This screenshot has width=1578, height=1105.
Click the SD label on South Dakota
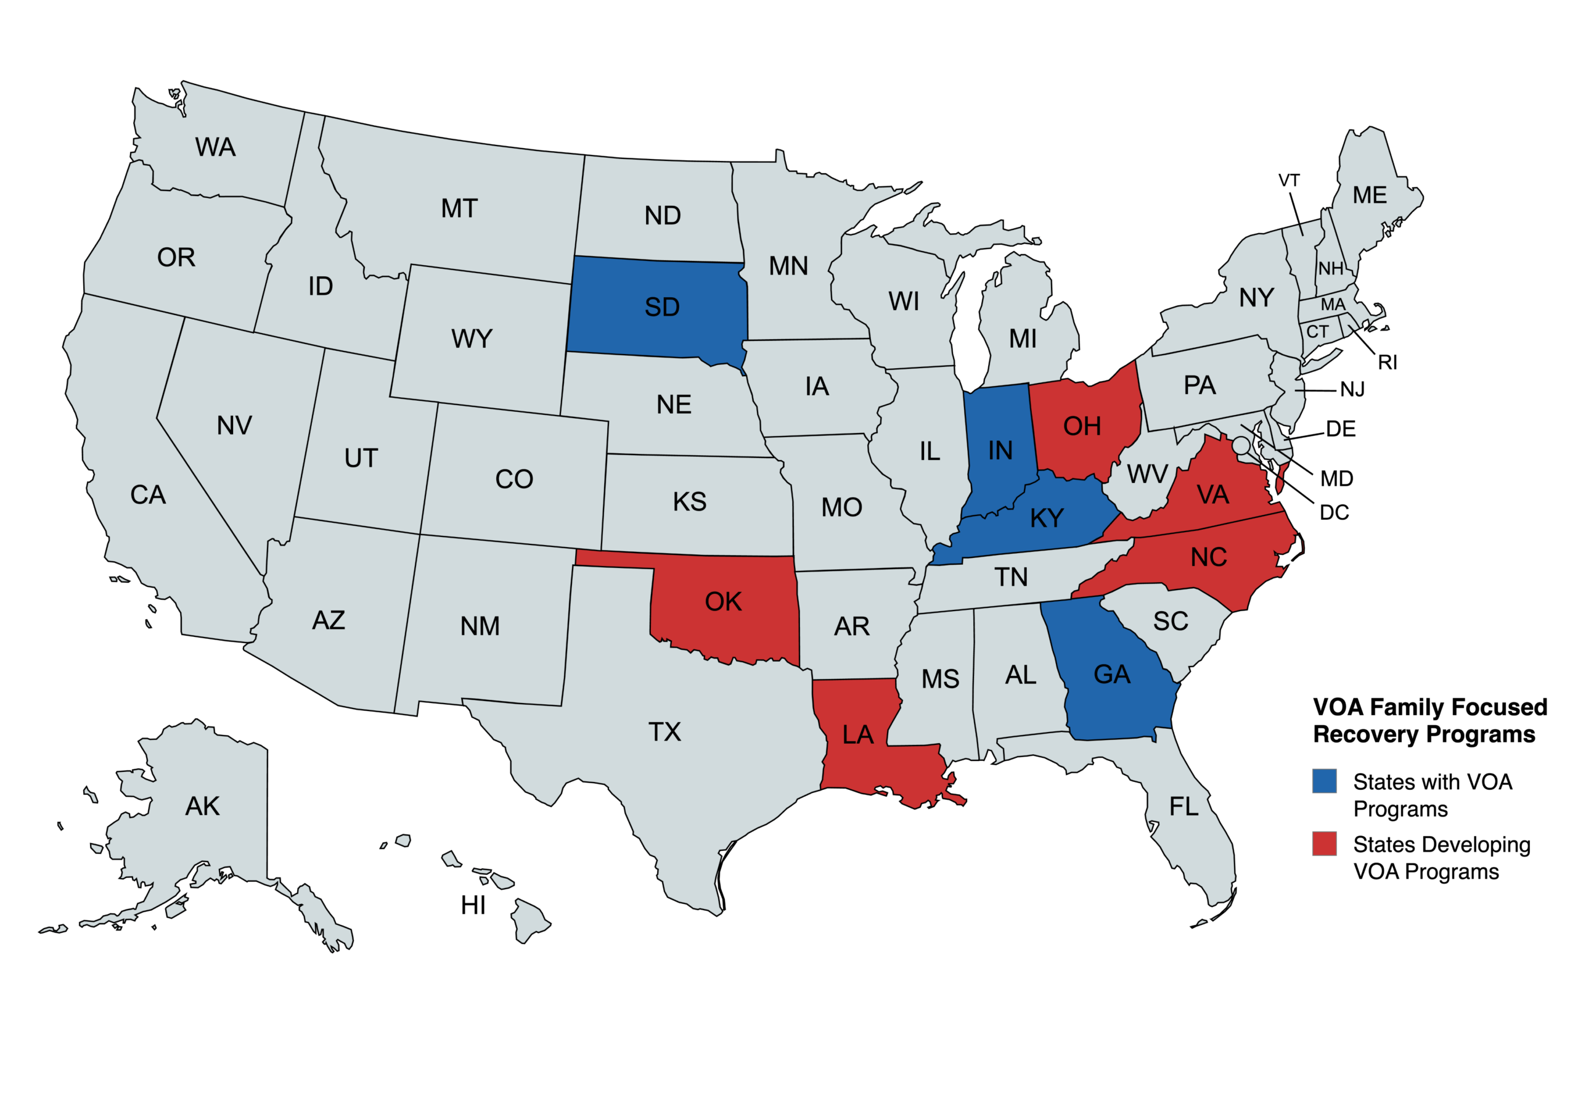tap(662, 307)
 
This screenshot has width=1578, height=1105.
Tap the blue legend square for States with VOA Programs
tap(1323, 781)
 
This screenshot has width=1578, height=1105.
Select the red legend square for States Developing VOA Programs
tap(1323, 843)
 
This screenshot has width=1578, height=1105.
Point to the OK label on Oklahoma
tap(723, 602)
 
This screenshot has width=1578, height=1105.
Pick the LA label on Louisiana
tap(857, 734)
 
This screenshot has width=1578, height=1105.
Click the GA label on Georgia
tap(1111, 674)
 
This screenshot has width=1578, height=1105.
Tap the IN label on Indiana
tap(1000, 450)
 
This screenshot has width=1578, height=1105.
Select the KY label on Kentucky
tap(1046, 518)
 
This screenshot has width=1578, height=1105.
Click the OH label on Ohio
tap(1082, 426)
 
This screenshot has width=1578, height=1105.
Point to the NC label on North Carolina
tap(1208, 557)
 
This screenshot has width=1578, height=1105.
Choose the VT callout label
tap(1289, 180)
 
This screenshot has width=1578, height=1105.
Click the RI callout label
tap(1387, 363)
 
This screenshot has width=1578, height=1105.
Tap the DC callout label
tap(1334, 512)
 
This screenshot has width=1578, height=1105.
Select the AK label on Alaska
tap(202, 806)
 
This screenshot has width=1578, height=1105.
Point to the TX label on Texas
tap(664, 731)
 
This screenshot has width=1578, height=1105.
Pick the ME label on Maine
tap(1369, 195)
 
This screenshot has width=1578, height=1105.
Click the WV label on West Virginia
tap(1147, 474)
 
